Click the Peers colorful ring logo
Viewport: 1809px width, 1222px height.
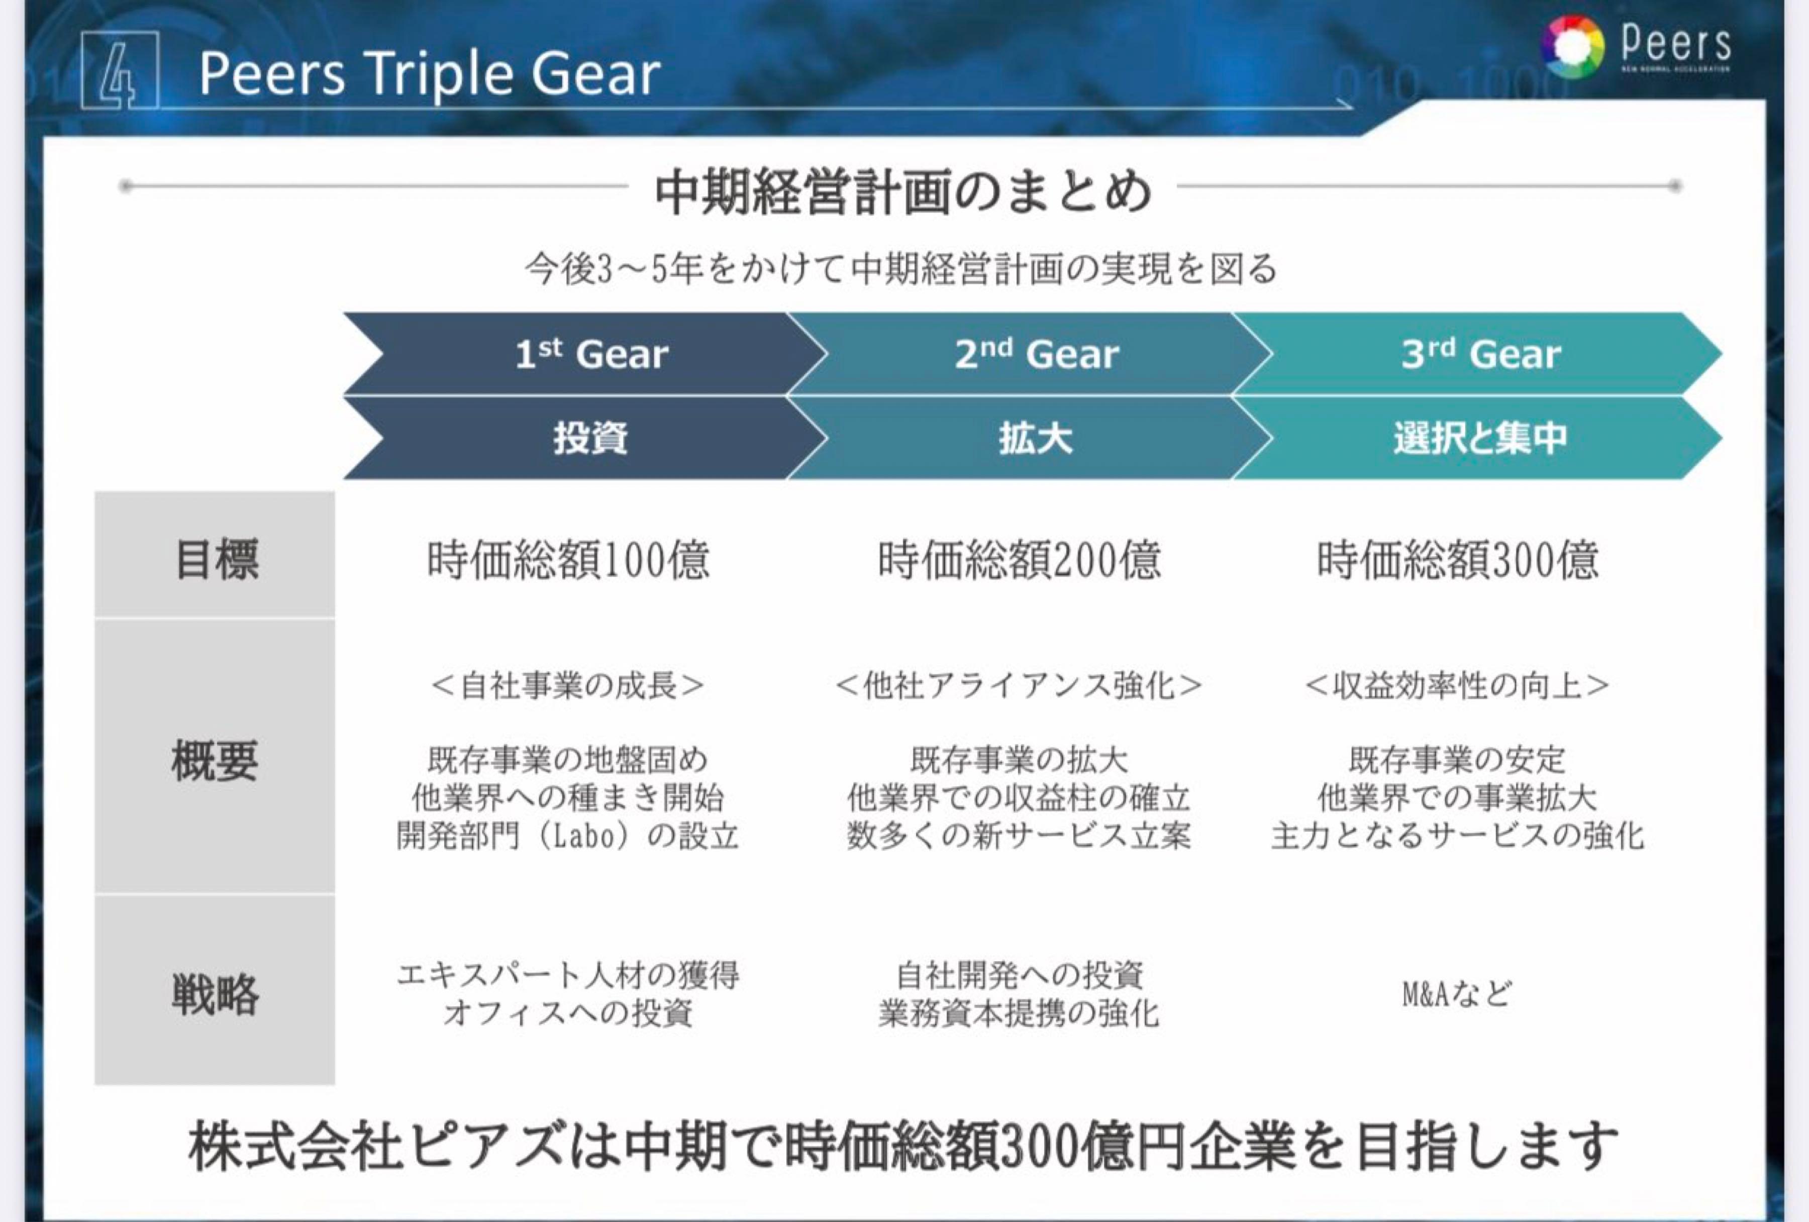(1572, 47)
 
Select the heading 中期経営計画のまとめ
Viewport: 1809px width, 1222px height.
(903, 191)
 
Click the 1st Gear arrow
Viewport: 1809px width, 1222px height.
(591, 354)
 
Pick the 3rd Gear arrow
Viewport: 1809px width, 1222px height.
(1480, 354)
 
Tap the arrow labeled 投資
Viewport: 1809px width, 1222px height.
(591, 438)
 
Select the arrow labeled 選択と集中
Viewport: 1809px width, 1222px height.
(1480, 438)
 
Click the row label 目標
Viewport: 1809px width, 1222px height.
(216, 558)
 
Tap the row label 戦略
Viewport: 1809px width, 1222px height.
(215, 993)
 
